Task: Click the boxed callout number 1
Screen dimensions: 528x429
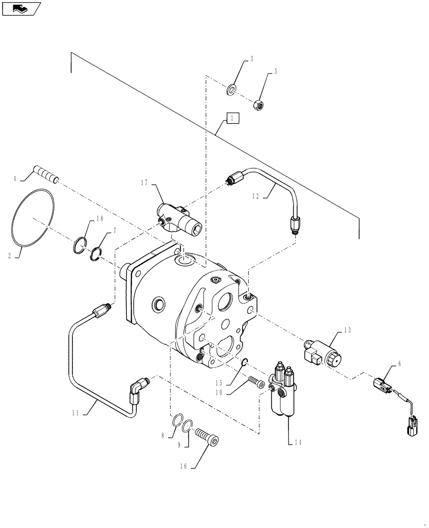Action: pyautogui.click(x=232, y=118)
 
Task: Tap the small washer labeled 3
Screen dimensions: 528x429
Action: pyautogui.click(x=232, y=90)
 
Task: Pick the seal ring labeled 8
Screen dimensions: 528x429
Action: pyautogui.click(x=180, y=420)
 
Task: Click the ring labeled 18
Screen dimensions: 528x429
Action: pyautogui.click(x=79, y=244)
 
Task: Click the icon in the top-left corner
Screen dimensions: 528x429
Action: pyautogui.click(x=21, y=8)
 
